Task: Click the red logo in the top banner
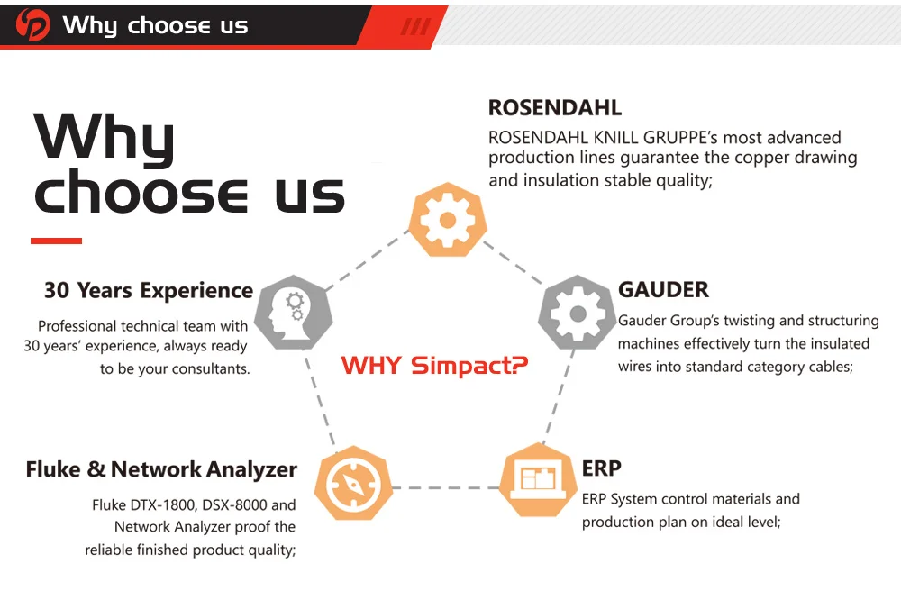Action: [x=33, y=25]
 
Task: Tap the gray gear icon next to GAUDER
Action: [x=577, y=313]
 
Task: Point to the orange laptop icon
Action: [x=539, y=478]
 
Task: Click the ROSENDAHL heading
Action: [x=554, y=108]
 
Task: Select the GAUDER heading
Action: [x=663, y=290]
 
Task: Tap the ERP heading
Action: [x=601, y=468]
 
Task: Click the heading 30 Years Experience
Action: [x=149, y=291]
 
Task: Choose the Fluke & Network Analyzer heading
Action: [x=161, y=469]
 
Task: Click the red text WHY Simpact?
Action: [x=434, y=366]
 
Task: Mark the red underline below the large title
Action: [x=56, y=241]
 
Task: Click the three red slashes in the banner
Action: [x=415, y=26]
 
